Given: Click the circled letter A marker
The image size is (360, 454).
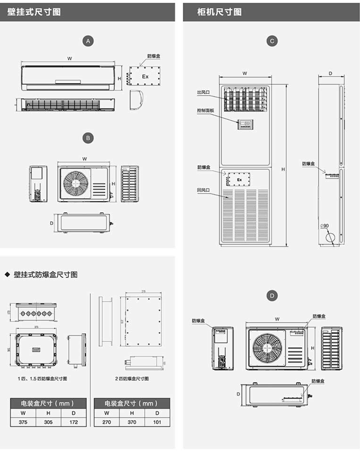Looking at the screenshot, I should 88,41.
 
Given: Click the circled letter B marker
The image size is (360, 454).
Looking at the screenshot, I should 88,137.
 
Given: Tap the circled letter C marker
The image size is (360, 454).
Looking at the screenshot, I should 272,41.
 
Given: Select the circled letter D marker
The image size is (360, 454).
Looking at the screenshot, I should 272,296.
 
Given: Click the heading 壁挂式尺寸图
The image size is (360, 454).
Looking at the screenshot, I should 34,12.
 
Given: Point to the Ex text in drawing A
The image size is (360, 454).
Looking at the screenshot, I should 145,77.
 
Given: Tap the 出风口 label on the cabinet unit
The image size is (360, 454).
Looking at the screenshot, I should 203,92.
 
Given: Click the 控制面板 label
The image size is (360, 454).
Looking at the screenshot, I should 205,110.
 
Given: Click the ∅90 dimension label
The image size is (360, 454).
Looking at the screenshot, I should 325,226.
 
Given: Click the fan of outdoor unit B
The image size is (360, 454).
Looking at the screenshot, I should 74,184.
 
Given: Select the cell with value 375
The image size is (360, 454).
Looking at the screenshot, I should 23,422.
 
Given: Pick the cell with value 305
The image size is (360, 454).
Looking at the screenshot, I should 48,422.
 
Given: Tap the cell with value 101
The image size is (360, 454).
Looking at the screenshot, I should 157,422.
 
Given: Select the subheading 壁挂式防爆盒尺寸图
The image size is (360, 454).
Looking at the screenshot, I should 46,275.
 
